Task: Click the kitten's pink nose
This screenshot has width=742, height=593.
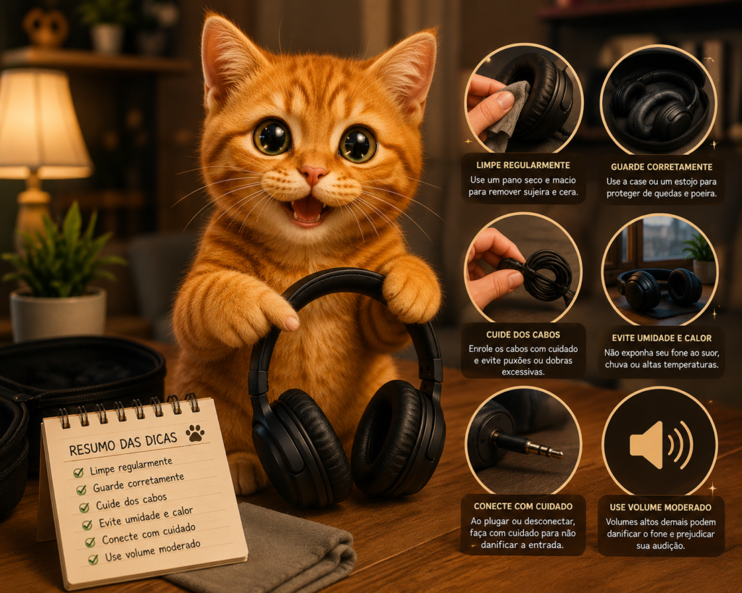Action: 313,174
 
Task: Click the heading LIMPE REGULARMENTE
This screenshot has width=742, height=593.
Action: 523,165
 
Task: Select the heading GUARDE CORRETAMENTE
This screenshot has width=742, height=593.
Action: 662,167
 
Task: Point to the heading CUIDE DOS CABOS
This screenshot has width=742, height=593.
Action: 523,335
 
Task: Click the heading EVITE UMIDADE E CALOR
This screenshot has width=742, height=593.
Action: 662,338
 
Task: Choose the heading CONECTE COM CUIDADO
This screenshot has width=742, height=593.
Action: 523,506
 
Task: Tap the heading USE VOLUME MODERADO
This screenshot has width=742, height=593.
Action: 661,508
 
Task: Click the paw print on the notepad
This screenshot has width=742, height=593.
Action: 195,433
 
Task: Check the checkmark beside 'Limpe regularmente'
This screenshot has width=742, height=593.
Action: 78,472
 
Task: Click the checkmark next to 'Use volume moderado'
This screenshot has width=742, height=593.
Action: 93,560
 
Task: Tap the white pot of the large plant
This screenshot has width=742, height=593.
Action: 58,314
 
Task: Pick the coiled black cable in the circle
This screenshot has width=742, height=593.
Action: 544,276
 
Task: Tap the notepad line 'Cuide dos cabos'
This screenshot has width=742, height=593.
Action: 131,501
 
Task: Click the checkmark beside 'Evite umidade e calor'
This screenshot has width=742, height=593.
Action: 87,525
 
